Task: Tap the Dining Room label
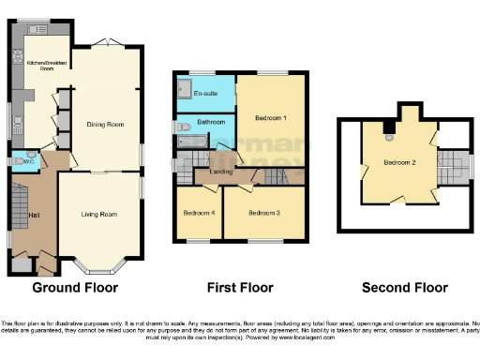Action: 107,124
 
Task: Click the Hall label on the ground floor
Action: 34,217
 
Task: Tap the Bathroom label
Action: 210,122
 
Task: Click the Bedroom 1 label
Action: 270,117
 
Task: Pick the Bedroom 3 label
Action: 264,213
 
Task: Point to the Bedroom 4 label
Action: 199,213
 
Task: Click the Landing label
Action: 221,172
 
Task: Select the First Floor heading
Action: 238,287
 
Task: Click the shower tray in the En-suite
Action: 184,90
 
